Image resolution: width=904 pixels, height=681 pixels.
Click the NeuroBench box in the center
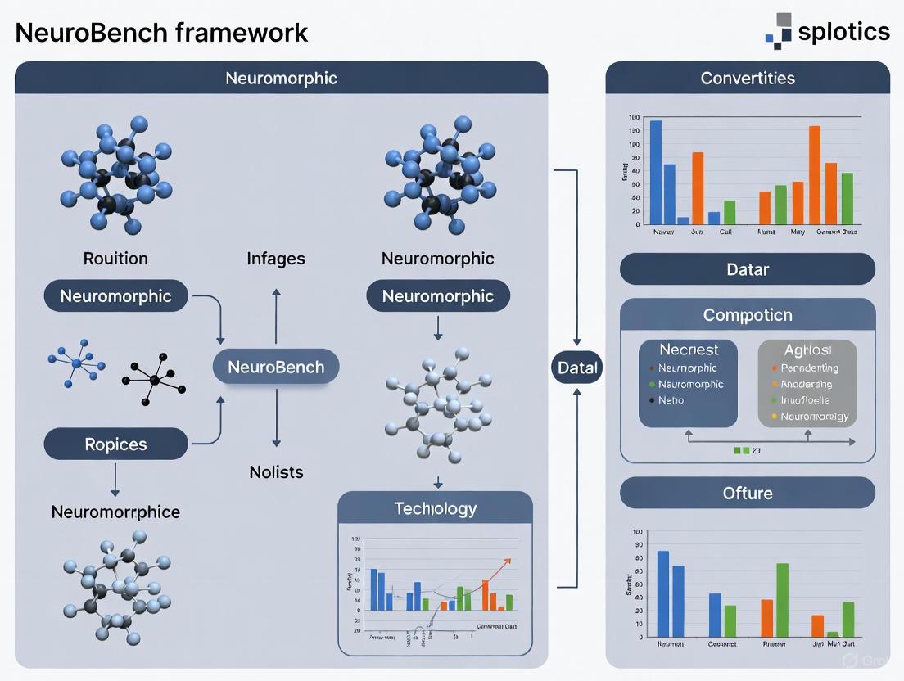(275, 368)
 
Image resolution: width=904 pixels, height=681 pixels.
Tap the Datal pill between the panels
(578, 368)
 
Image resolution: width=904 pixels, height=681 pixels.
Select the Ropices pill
(115, 444)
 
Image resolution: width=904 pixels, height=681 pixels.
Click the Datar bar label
(747, 268)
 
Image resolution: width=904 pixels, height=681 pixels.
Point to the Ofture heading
(747, 493)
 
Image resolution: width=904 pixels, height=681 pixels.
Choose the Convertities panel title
(747, 79)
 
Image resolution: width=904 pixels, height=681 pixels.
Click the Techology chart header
(435, 508)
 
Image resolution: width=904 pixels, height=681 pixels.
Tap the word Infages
(275, 259)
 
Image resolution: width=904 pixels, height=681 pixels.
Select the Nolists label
(275, 472)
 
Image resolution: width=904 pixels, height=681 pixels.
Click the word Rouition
(115, 259)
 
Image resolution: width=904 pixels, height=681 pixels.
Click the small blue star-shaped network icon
(75, 363)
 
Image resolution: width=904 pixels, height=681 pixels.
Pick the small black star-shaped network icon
(155, 378)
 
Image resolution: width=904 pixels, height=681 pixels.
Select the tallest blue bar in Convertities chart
(655, 172)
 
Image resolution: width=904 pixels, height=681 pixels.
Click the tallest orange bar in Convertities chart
(814, 174)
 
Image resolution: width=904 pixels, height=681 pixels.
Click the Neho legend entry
(671, 400)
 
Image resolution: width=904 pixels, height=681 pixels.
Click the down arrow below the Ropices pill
(115, 480)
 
